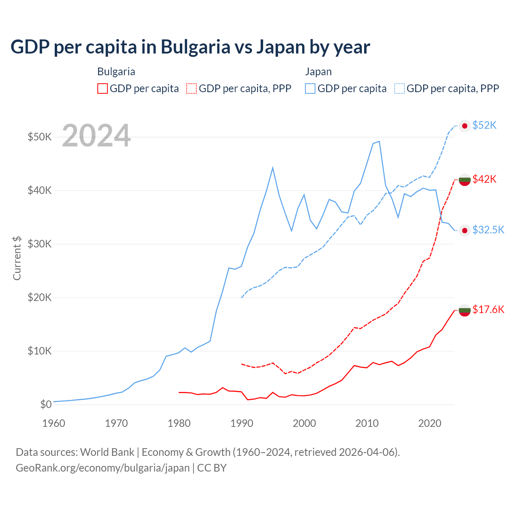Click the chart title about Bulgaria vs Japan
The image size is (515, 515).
pyautogui.click(x=190, y=47)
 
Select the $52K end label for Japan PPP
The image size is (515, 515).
pyautogui.click(x=484, y=125)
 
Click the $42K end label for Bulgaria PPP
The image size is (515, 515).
pyautogui.click(x=484, y=179)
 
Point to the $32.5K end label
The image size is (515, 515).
pyautogui.click(x=488, y=230)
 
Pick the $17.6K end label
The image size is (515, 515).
pyautogui.click(x=488, y=309)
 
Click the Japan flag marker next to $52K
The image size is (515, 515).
pyautogui.click(x=465, y=126)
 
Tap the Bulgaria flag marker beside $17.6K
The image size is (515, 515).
pyautogui.click(x=465, y=310)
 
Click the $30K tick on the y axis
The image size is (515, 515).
pyautogui.click(x=39, y=244)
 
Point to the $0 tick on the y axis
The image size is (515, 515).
pyautogui.click(x=46, y=404)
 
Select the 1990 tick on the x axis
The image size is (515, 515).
pyautogui.click(x=242, y=423)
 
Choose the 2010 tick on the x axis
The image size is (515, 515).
pyautogui.click(x=367, y=423)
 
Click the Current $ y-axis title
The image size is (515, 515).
pyautogui.click(x=17, y=258)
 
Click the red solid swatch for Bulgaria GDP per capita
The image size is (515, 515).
pyautogui.click(x=103, y=89)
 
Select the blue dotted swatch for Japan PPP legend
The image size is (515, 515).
pyautogui.click(x=400, y=89)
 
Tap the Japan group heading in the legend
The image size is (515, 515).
pyautogui.click(x=318, y=72)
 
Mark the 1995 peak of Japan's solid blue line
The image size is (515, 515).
pyautogui.click(x=273, y=167)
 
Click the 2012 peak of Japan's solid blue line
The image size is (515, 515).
pyautogui.click(x=379, y=141)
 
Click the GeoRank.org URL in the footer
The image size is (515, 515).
pyautogui.click(x=103, y=468)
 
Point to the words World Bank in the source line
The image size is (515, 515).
pyautogui.click(x=107, y=452)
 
